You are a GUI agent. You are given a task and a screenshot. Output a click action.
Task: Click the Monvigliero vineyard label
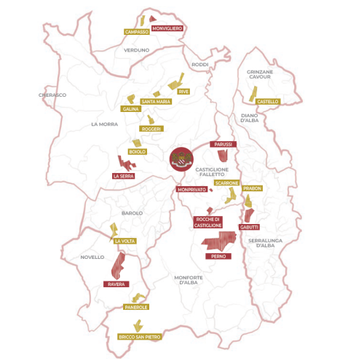pyautogui.click(x=167, y=28)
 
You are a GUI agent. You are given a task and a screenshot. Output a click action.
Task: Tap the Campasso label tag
pyautogui.click(x=137, y=32)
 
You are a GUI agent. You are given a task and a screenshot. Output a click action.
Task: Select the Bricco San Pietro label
pyautogui.click(x=140, y=337)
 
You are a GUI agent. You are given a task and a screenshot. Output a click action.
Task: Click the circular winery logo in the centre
pyautogui.click(x=181, y=159)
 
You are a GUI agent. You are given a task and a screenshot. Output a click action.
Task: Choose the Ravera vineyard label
pyautogui.click(x=116, y=284)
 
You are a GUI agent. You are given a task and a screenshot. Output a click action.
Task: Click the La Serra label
pyautogui.click(x=123, y=176)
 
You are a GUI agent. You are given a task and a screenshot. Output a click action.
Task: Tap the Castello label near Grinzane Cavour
pyautogui.click(x=268, y=101)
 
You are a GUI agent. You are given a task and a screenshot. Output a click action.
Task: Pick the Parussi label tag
pyautogui.click(x=223, y=145)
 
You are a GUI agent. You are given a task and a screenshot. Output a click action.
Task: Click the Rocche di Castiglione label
pyautogui.click(x=208, y=223)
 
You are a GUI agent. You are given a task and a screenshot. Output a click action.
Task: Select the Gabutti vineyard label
pyautogui.click(x=249, y=228)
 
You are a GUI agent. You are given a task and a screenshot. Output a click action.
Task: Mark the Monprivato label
pyautogui.click(x=192, y=190)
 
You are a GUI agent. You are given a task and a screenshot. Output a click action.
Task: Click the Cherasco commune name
pyautogui.click(x=52, y=95)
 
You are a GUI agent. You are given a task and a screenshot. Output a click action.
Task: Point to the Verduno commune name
pyautogui.click(x=136, y=50)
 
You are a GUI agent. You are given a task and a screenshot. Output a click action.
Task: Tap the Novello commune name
pyautogui.click(x=93, y=257)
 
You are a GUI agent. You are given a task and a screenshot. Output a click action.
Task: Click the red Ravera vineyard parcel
pyautogui.click(x=117, y=266)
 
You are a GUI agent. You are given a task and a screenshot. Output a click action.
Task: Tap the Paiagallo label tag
pyautogui.click(x=137, y=308)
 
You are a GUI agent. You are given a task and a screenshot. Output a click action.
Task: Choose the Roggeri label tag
pyautogui.click(x=151, y=129)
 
